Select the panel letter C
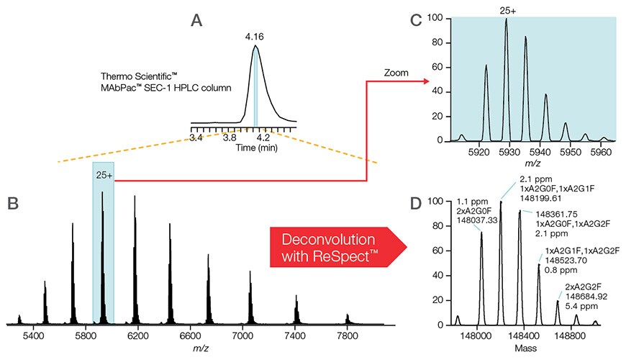(416, 21)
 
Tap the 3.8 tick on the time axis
(230, 136)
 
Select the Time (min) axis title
(249, 146)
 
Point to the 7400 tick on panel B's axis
(296, 335)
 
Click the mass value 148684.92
(586, 295)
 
